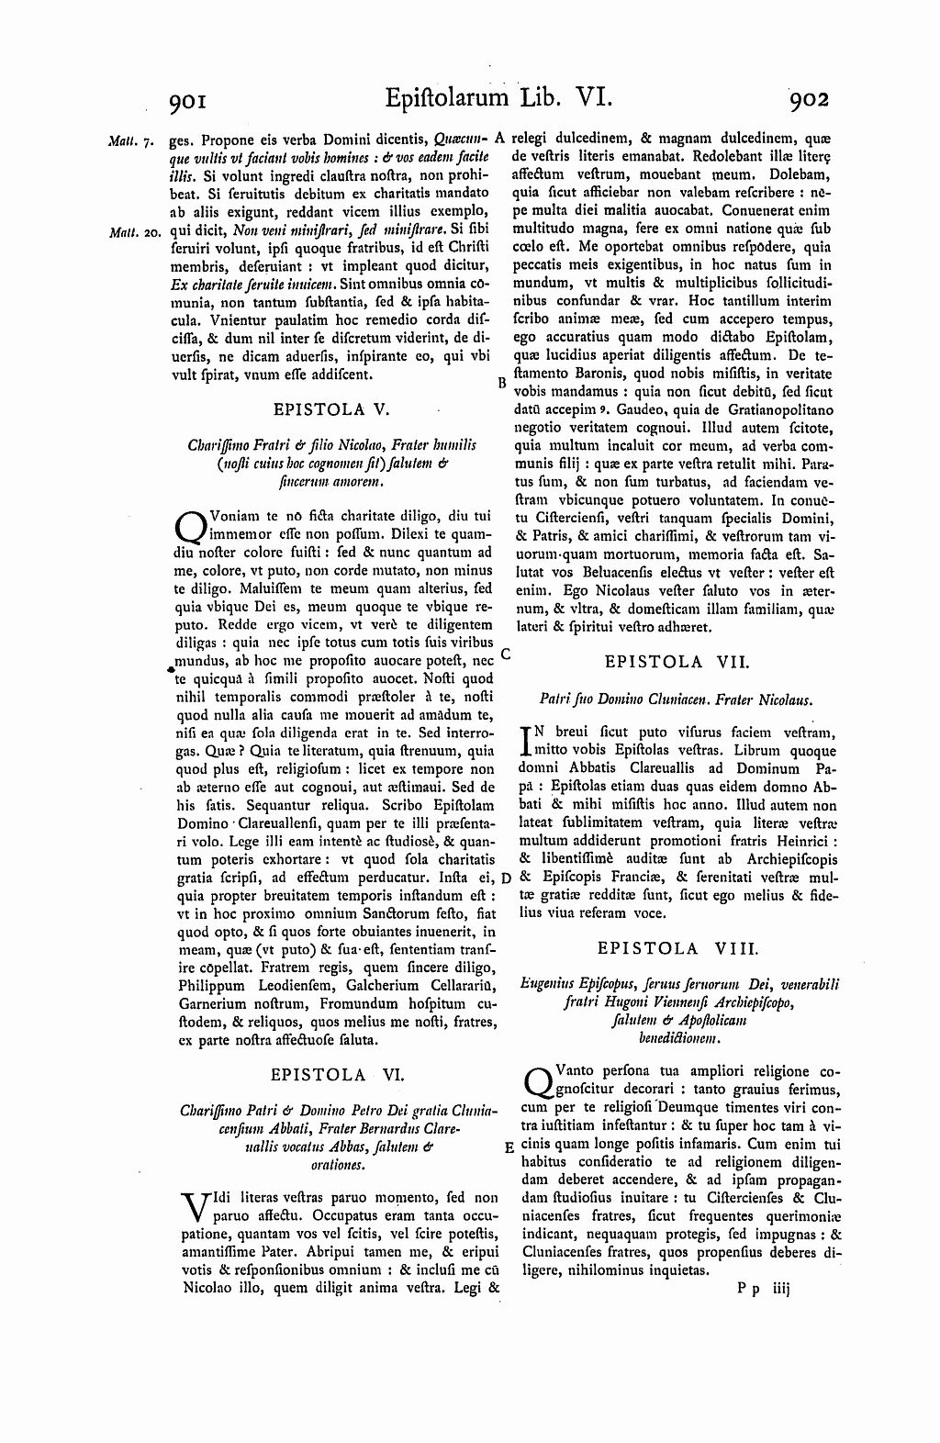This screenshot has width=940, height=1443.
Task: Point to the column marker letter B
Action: pos(502,383)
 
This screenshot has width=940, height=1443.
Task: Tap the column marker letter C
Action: pos(505,654)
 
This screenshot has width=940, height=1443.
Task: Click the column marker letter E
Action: pos(509,1147)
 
